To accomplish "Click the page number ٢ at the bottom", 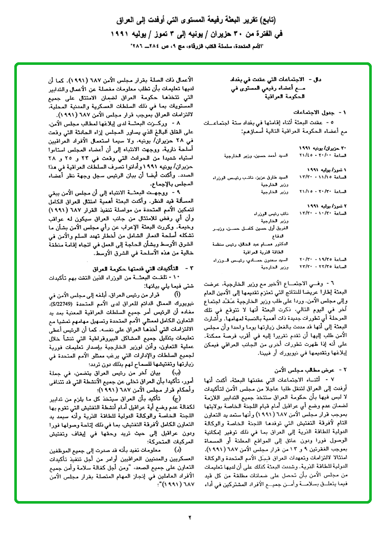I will pos(189,517).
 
